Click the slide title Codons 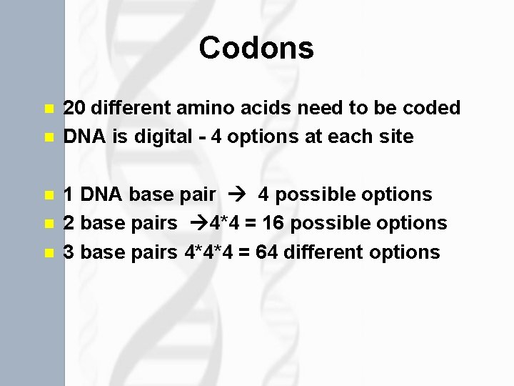pos(256,49)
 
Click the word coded pos(431,108)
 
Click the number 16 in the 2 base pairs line pos(273,223)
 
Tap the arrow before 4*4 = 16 pos(191,223)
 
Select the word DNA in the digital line pos(84,137)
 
